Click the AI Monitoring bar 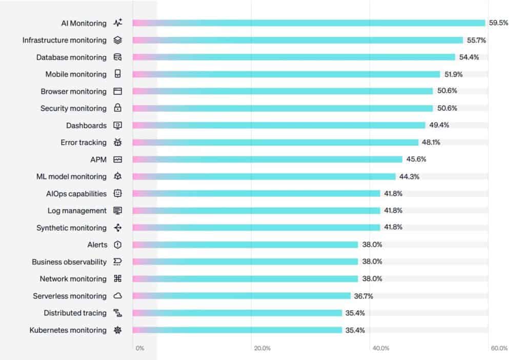tap(309, 23)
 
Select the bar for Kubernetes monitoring tap(237, 330)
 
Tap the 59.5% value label tap(498, 23)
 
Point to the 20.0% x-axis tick tap(262, 348)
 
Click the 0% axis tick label tap(140, 348)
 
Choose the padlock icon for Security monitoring tap(117, 108)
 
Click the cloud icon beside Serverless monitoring tap(117, 296)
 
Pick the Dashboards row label tap(86, 126)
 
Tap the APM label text tap(98, 159)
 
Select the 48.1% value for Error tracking tap(431, 143)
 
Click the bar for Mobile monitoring tap(286, 74)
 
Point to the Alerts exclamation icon tap(117, 245)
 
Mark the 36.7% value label tap(364, 296)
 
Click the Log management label tap(77, 211)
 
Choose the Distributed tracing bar tap(237, 313)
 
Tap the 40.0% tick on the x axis tap(381, 348)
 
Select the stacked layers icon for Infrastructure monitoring tap(117, 40)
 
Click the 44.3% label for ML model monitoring tap(409, 176)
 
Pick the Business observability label tap(69, 262)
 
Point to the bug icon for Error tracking tap(117, 143)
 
